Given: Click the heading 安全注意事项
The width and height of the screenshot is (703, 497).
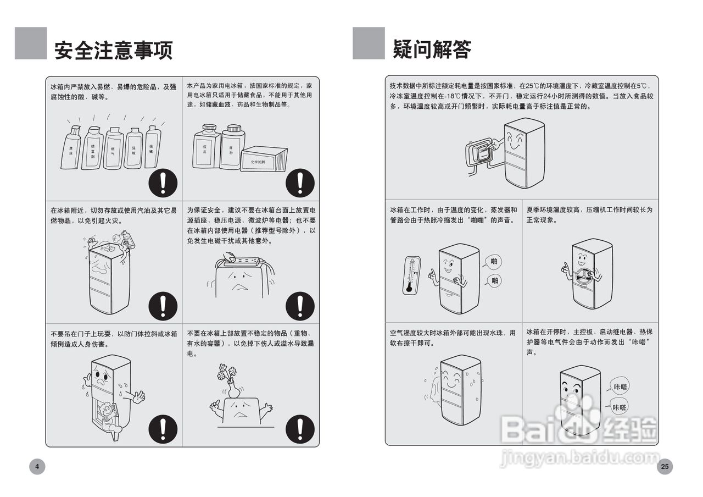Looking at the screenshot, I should (x=114, y=49).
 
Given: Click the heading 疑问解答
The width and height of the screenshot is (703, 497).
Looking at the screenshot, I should (x=432, y=49).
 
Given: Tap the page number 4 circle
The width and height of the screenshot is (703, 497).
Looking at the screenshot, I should (x=37, y=467).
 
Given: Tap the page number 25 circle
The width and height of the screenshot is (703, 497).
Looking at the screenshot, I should (x=665, y=467).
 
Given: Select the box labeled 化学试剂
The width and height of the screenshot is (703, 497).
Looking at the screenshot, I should (x=264, y=159).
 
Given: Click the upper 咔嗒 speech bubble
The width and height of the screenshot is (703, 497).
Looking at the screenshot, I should (x=620, y=386).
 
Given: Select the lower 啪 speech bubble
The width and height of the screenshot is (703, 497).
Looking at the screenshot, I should (x=494, y=281).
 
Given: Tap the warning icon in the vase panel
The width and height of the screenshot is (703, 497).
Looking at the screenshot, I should (x=300, y=428).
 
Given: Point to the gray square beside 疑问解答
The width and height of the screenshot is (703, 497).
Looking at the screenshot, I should (x=369, y=43).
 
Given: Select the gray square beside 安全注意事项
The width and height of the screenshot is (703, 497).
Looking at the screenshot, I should (x=31, y=43).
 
